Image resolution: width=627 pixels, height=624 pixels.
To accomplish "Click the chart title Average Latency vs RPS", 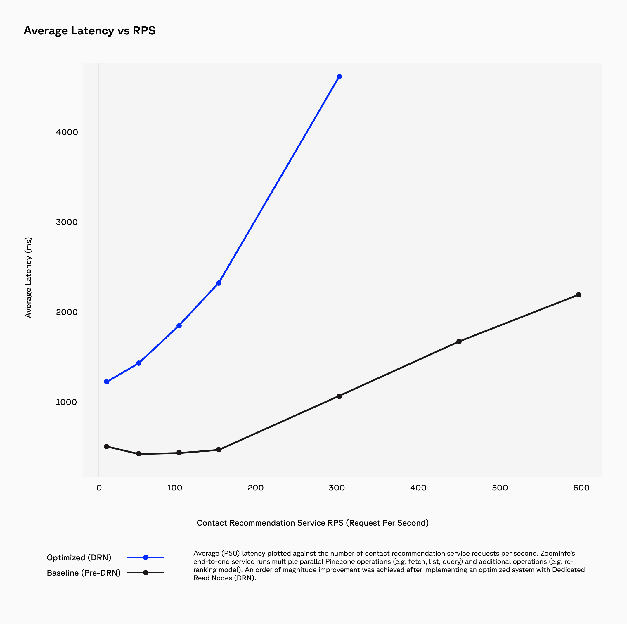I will point(90,30).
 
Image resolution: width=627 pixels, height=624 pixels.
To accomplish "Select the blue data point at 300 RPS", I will point(339,77).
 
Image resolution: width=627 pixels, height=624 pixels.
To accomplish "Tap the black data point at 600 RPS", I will point(578,295).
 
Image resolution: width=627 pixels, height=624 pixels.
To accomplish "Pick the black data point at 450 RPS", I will point(459,342).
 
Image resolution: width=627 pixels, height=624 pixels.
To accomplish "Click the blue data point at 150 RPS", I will point(219,283).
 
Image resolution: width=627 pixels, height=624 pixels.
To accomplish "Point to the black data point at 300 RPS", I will point(339,396).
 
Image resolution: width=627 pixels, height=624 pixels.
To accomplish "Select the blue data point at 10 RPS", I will point(106,382).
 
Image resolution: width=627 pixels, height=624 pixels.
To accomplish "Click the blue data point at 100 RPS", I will point(179,325).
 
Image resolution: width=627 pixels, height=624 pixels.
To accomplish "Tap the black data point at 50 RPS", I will point(138,454).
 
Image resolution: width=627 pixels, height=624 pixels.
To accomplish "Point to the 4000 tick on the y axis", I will point(67,132).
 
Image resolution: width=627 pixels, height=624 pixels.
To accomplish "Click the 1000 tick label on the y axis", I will point(67,402).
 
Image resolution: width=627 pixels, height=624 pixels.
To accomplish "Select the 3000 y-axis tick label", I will point(67,222).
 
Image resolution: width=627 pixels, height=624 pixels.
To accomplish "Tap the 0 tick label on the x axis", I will point(99,488).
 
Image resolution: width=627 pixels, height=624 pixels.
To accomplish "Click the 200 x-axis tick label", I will point(256,488).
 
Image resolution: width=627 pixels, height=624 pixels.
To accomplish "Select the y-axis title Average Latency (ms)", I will point(29,278).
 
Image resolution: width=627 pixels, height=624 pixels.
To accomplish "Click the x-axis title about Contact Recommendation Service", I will point(313,523).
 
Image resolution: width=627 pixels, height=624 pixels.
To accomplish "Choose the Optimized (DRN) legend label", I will point(79,557).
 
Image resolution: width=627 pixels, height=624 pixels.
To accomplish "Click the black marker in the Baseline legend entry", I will point(146,573).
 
